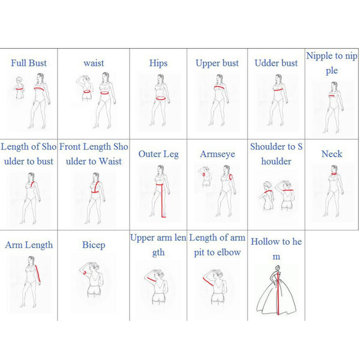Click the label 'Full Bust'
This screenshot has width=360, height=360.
click(29, 63)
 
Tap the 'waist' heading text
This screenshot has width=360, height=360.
click(94, 63)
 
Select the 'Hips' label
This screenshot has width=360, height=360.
click(158, 63)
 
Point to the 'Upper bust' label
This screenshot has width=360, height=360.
click(217, 64)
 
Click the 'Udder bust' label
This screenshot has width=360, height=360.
click(276, 63)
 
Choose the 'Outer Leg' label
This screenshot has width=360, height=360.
click(158, 154)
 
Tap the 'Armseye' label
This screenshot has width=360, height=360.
click(217, 154)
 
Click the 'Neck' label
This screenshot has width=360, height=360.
click(332, 154)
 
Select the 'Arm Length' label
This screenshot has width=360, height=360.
click(29, 245)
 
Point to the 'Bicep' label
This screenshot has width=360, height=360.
click(94, 245)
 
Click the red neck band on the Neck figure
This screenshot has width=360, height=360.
click(334, 174)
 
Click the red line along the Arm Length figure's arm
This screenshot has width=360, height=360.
click(38, 274)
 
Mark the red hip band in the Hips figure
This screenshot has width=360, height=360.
click(161, 98)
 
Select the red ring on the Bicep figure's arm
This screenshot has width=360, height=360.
click(85, 273)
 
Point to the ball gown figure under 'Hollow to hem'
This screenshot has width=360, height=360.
click(276, 290)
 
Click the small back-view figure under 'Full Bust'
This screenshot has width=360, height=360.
click(20, 88)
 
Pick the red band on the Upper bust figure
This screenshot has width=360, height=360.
click(219, 87)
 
